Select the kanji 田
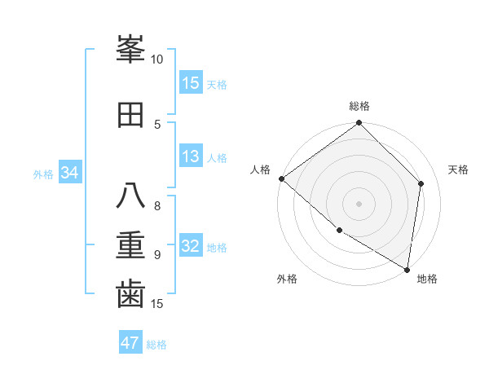[x=130, y=116]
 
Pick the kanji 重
[x=130, y=244]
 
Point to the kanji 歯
[x=130, y=293]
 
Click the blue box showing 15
[x=191, y=82]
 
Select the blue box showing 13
[x=191, y=156]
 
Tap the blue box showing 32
[x=191, y=246]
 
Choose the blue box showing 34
[x=69, y=173]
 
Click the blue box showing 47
[x=130, y=343]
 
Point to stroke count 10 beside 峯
[x=157, y=59]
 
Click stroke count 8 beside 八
[x=157, y=206]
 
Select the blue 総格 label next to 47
[x=156, y=345]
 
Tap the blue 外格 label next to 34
[x=43, y=174]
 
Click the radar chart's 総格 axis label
[x=359, y=106]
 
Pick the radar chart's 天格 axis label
[x=459, y=169]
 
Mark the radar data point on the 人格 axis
[x=281, y=178]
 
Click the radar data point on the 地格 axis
[x=407, y=269]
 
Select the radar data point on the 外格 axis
[x=339, y=231]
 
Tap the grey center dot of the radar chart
[x=359, y=203]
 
